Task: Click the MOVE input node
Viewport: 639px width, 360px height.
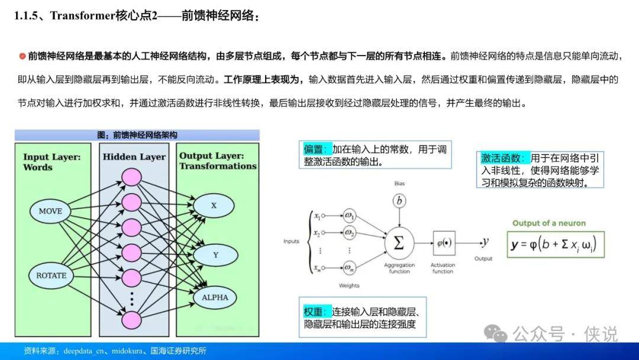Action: tap(50, 211)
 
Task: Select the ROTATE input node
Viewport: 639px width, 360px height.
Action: tap(51, 275)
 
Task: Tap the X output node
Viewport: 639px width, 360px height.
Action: tap(214, 205)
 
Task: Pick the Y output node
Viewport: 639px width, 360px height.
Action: tap(215, 255)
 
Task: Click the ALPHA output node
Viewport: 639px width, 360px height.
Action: tap(215, 298)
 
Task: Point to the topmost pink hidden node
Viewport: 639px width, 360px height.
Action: tap(131, 178)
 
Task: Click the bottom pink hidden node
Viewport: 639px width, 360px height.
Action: tap(131, 320)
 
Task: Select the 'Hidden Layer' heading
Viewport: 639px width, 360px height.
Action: tap(134, 157)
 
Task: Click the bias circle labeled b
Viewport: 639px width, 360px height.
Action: tap(399, 201)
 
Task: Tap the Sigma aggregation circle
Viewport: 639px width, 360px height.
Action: tap(399, 243)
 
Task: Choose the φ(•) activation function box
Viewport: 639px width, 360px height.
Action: tap(444, 243)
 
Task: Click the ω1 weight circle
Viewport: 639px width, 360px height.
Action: tap(349, 216)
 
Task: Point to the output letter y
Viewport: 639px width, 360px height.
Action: tap(485, 242)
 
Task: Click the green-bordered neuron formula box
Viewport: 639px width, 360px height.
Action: tap(556, 245)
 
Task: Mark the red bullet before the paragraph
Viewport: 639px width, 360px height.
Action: tap(22, 56)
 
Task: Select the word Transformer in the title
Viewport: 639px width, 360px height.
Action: tap(83, 16)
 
